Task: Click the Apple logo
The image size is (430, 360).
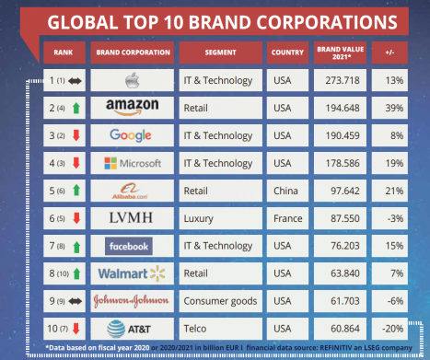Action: click(x=133, y=80)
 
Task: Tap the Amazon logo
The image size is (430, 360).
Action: click(x=133, y=107)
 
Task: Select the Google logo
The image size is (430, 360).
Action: click(x=131, y=135)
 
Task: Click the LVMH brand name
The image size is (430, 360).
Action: click(x=131, y=218)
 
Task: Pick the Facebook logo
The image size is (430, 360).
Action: click(x=129, y=246)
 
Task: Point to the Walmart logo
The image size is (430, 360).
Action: click(x=132, y=273)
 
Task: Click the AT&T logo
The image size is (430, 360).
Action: click(x=129, y=329)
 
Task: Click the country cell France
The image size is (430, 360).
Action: click(x=287, y=218)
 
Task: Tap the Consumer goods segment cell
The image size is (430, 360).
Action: click(x=221, y=301)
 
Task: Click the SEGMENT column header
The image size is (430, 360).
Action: click(x=221, y=52)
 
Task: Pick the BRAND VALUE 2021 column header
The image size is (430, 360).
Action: click(x=340, y=52)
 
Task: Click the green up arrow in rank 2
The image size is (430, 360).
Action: click(x=76, y=108)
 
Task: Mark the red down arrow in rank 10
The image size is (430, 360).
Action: click(x=76, y=329)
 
